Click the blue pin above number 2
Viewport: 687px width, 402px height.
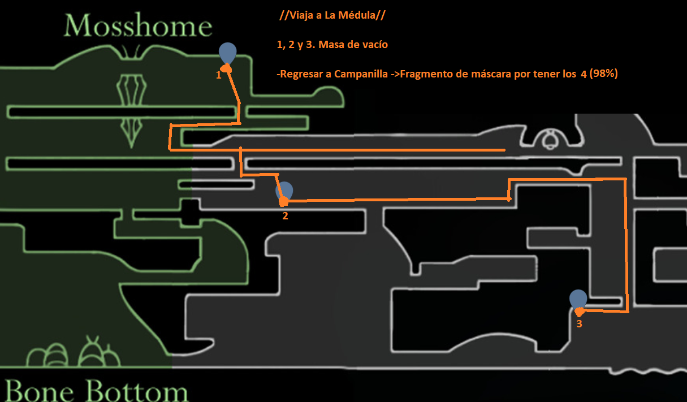tap(284, 191)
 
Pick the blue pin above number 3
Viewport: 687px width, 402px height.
tap(578, 299)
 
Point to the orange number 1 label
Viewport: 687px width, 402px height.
tap(218, 75)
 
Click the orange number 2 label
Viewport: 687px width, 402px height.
tap(285, 216)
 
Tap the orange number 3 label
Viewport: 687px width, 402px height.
tap(579, 324)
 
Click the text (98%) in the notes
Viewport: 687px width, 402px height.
tap(603, 73)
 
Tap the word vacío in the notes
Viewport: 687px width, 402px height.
tap(374, 45)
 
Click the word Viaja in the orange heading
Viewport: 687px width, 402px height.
tap(301, 16)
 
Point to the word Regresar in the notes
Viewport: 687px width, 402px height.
tap(299, 74)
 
